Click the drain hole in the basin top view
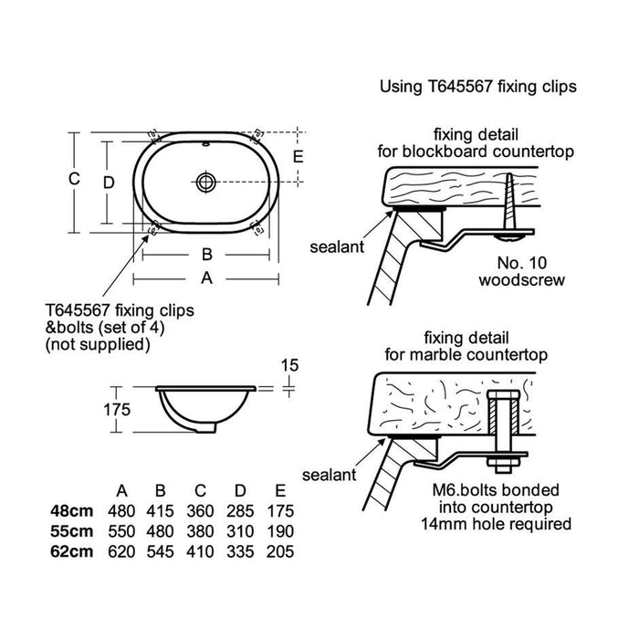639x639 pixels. tap(206, 182)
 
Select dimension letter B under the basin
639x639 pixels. tap(206, 254)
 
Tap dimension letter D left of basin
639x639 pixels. tap(108, 182)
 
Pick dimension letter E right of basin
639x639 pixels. tap(297, 156)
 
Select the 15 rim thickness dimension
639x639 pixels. tap(290, 365)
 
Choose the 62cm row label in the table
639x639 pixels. tap(72, 551)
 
